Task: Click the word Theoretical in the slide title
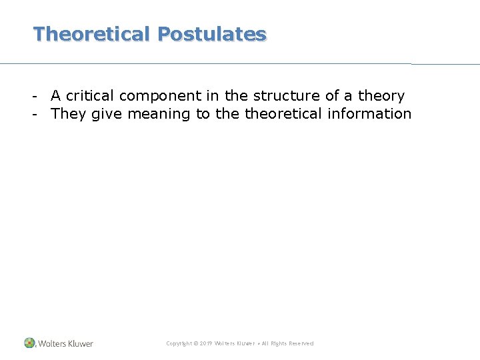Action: click(92, 34)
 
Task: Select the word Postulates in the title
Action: click(212, 34)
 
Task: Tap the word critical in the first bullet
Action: click(89, 95)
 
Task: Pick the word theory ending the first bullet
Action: click(381, 96)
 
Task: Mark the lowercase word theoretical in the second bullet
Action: click(283, 113)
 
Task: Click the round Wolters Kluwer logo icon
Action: click(29, 343)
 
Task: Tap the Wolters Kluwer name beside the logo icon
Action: click(65, 343)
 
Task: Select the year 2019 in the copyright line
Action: click(205, 343)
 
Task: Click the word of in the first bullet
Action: click(332, 95)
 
